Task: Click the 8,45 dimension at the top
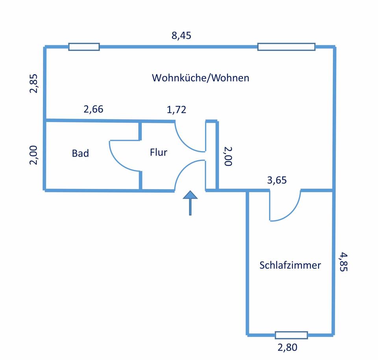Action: [181, 36]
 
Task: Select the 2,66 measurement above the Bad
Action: [93, 109]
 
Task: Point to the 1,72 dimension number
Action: [176, 110]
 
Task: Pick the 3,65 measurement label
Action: [277, 180]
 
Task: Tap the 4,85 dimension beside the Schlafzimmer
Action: [343, 262]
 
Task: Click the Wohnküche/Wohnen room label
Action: [200, 78]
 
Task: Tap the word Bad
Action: [80, 153]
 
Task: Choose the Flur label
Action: [158, 152]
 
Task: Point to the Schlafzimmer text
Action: [290, 265]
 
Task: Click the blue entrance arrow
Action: [190, 202]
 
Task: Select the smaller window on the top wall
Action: [84, 47]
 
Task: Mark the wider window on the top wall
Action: [286, 47]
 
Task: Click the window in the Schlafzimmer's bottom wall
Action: [291, 335]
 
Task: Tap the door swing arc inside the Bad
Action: [118, 155]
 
